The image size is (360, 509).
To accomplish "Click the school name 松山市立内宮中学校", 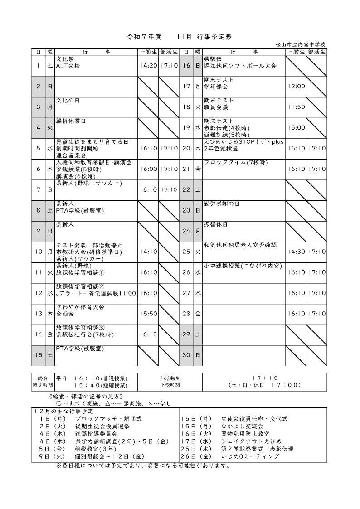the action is pyautogui.click(x=300, y=44).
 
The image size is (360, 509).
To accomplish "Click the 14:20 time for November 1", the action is pyautogui.click(x=148, y=66).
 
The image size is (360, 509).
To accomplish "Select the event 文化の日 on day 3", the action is pyautogui.click(x=68, y=100).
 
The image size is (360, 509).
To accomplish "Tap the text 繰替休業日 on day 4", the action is pyautogui.click(x=71, y=121).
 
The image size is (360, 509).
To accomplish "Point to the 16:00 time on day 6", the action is pyautogui.click(x=148, y=169).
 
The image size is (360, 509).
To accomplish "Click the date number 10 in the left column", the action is pyautogui.click(x=38, y=251).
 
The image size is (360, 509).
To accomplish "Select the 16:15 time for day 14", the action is pyautogui.click(x=148, y=335).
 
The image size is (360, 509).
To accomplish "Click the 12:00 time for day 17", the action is pyautogui.click(x=296, y=86).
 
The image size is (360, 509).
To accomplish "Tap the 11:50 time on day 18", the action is pyautogui.click(x=296, y=107).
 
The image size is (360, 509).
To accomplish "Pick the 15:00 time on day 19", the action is pyautogui.click(x=296, y=128).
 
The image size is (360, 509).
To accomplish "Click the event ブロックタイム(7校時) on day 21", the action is pyautogui.click(x=235, y=162).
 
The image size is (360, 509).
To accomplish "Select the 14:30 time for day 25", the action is pyautogui.click(x=296, y=251).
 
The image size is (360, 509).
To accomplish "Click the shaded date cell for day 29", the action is pyautogui.click(x=186, y=334).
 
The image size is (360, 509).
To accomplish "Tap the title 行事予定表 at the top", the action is pyautogui.click(x=215, y=36).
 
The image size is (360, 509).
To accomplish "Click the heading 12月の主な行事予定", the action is pyautogui.click(x=63, y=411).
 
